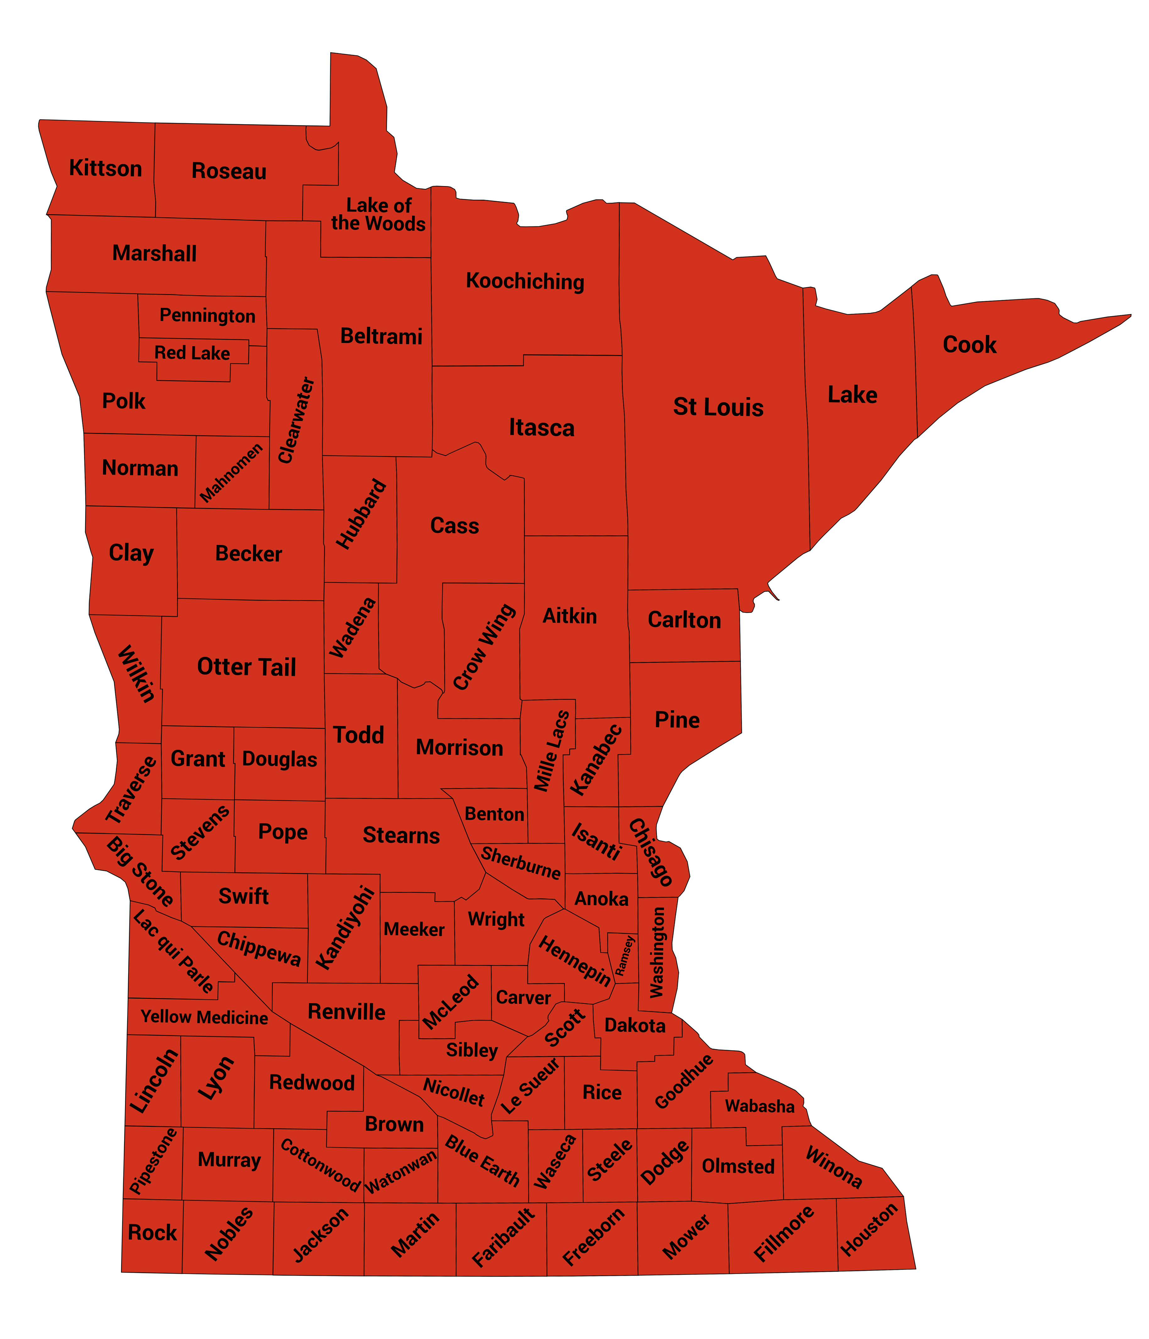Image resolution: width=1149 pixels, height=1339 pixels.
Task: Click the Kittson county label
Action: coord(105,169)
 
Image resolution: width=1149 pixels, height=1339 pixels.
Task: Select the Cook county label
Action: coord(969,345)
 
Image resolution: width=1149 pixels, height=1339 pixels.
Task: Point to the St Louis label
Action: coord(718,407)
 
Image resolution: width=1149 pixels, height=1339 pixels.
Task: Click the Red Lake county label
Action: coord(192,353)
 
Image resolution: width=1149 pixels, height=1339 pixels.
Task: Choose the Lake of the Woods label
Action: coord(379,215)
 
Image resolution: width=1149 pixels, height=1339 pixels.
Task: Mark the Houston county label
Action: coord(869,1229)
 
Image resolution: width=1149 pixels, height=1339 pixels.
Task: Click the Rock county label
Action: coord(152,1232)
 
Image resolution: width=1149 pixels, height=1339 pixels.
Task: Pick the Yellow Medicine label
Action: coord(204,1017)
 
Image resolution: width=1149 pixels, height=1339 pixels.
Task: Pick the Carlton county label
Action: coord(684,620)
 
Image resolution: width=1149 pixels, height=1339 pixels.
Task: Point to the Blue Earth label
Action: coord(482,1161)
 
